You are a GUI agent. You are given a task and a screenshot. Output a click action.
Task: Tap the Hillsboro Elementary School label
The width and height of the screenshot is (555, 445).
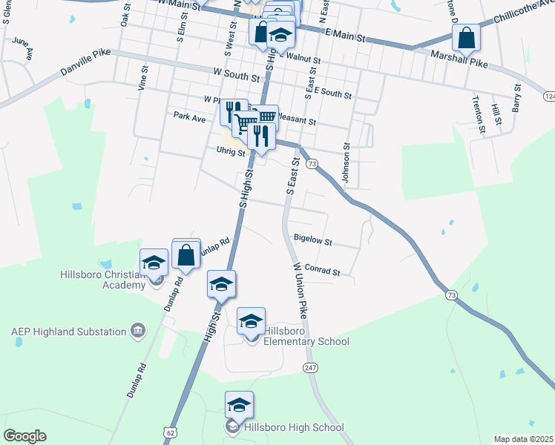pos(306,336)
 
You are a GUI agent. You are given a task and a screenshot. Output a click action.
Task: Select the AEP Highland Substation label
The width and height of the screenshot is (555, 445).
pos(68,330)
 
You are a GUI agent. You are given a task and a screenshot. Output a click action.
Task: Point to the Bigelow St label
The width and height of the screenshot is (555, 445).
pos(313,241)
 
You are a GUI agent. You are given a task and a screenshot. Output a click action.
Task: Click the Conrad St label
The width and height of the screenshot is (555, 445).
pos(322,271)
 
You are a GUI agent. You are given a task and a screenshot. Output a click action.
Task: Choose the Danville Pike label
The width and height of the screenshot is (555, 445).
pos(85,65)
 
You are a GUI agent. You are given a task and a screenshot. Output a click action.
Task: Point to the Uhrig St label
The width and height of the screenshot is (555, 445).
pos(231,151)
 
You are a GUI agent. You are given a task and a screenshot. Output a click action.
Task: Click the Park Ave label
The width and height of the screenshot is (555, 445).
pos(189,116)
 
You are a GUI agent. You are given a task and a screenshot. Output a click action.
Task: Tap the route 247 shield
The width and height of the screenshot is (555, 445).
pos(310,368)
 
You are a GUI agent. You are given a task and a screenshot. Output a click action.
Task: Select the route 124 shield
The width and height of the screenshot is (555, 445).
pos(549,96)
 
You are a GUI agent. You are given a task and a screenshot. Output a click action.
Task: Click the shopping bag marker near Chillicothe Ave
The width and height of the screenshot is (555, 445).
pos(466,36)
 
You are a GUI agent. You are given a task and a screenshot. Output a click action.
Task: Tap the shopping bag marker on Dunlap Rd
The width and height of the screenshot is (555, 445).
pos(186,254)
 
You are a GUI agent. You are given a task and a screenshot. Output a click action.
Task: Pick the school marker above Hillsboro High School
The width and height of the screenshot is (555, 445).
pos(239,406)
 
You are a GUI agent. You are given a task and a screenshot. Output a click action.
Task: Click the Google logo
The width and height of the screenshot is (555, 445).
pos(24,436)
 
